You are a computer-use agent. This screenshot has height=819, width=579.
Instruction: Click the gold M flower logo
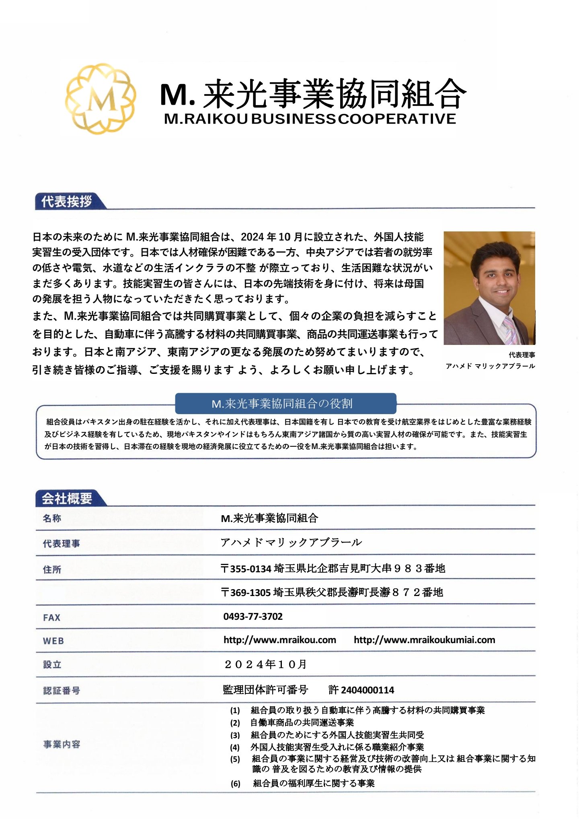(101, 98)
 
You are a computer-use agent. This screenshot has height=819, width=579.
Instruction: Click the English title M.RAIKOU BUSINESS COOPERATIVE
(310, 119)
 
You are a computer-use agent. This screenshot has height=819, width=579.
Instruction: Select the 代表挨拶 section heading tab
(67, 201)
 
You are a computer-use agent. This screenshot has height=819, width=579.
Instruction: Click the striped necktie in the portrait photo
(510, 330)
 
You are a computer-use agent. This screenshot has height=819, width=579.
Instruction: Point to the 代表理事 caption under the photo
(522, 355)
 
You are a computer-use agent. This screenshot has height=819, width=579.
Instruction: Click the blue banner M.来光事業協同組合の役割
(285, 403)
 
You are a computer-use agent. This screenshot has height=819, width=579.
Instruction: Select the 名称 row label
(52, 518)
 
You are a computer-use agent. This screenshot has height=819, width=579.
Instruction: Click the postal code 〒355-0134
(246, 569)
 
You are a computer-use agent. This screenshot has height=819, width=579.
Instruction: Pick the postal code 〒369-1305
(246, 592)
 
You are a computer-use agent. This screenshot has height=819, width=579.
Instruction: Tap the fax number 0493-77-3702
(253, 616)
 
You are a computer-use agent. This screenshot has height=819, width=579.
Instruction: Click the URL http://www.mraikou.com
(279, 640)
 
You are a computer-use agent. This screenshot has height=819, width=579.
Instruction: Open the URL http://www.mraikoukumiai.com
(424, 640)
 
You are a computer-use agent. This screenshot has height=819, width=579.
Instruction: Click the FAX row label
(51, 617)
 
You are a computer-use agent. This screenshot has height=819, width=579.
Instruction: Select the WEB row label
(53, 641)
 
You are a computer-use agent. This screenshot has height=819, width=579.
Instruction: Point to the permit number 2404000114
(367, 690)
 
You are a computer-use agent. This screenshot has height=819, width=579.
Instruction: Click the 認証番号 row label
(62, 691)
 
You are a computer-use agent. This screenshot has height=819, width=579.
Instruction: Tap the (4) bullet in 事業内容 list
(235, 747)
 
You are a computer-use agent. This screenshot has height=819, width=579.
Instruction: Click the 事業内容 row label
(62, 744)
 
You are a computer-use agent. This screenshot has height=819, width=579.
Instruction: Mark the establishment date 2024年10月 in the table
(265, 664)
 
